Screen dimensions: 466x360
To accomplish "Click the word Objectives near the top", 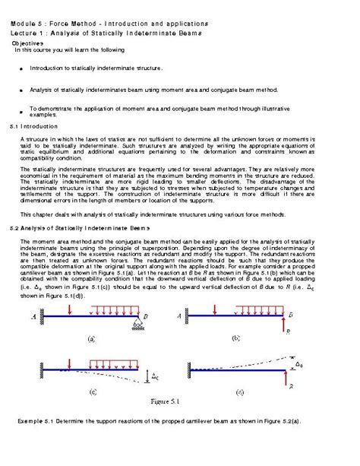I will pyautogui.click(x=27, y=43).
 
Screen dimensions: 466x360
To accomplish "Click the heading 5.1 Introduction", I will pyautogui.click(x=30, y=125).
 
